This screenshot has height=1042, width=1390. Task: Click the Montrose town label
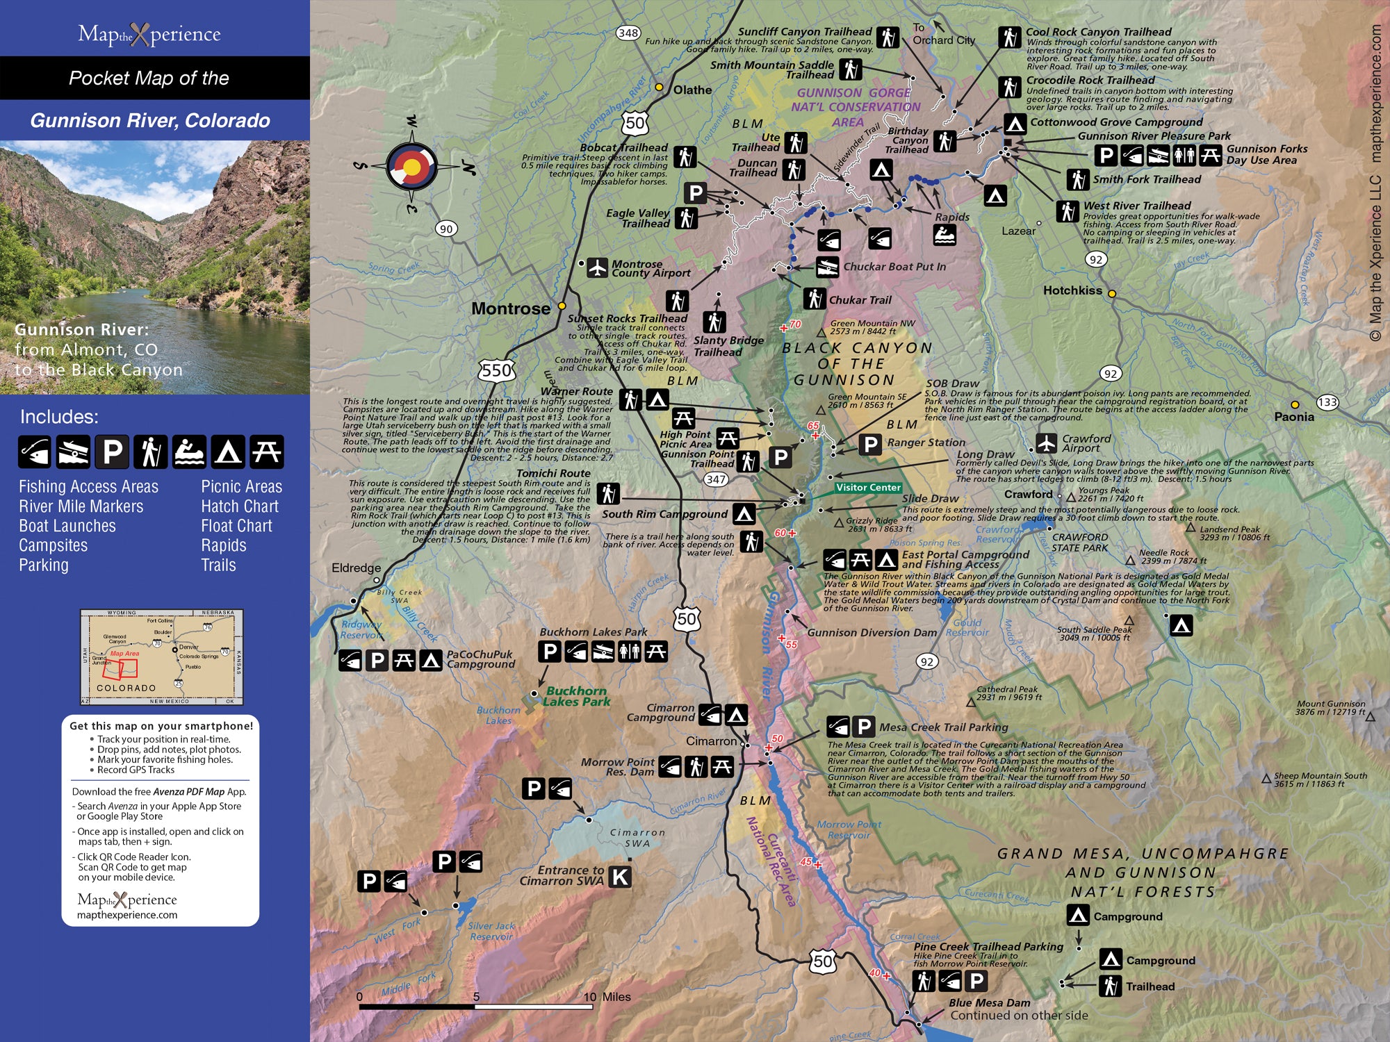point(510,308)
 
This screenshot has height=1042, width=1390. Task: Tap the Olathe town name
point(692,90)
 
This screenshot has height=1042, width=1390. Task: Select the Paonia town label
point(1293,417)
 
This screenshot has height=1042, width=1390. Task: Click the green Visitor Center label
point(868,488)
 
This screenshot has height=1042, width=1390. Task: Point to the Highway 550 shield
point(496,370)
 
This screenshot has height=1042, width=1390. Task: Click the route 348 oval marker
point(628,33)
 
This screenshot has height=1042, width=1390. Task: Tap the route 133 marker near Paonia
point(1327,402)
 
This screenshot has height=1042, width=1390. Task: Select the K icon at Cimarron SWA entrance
point(620,877)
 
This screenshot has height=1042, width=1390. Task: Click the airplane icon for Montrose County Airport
point(597,267)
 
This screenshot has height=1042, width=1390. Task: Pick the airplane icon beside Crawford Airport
point(1046,443)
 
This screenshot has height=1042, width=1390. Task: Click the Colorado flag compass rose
point(411,166)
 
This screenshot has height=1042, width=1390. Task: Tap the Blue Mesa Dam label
point(989,1002)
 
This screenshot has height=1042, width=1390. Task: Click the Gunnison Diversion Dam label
point(872,633)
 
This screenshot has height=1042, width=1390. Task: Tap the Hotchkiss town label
point(1072,290)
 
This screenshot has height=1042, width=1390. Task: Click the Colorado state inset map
point(162,657)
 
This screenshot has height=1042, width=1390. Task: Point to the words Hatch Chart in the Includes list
point(240,506)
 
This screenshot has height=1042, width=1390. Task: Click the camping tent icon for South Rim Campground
point(744,514)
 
